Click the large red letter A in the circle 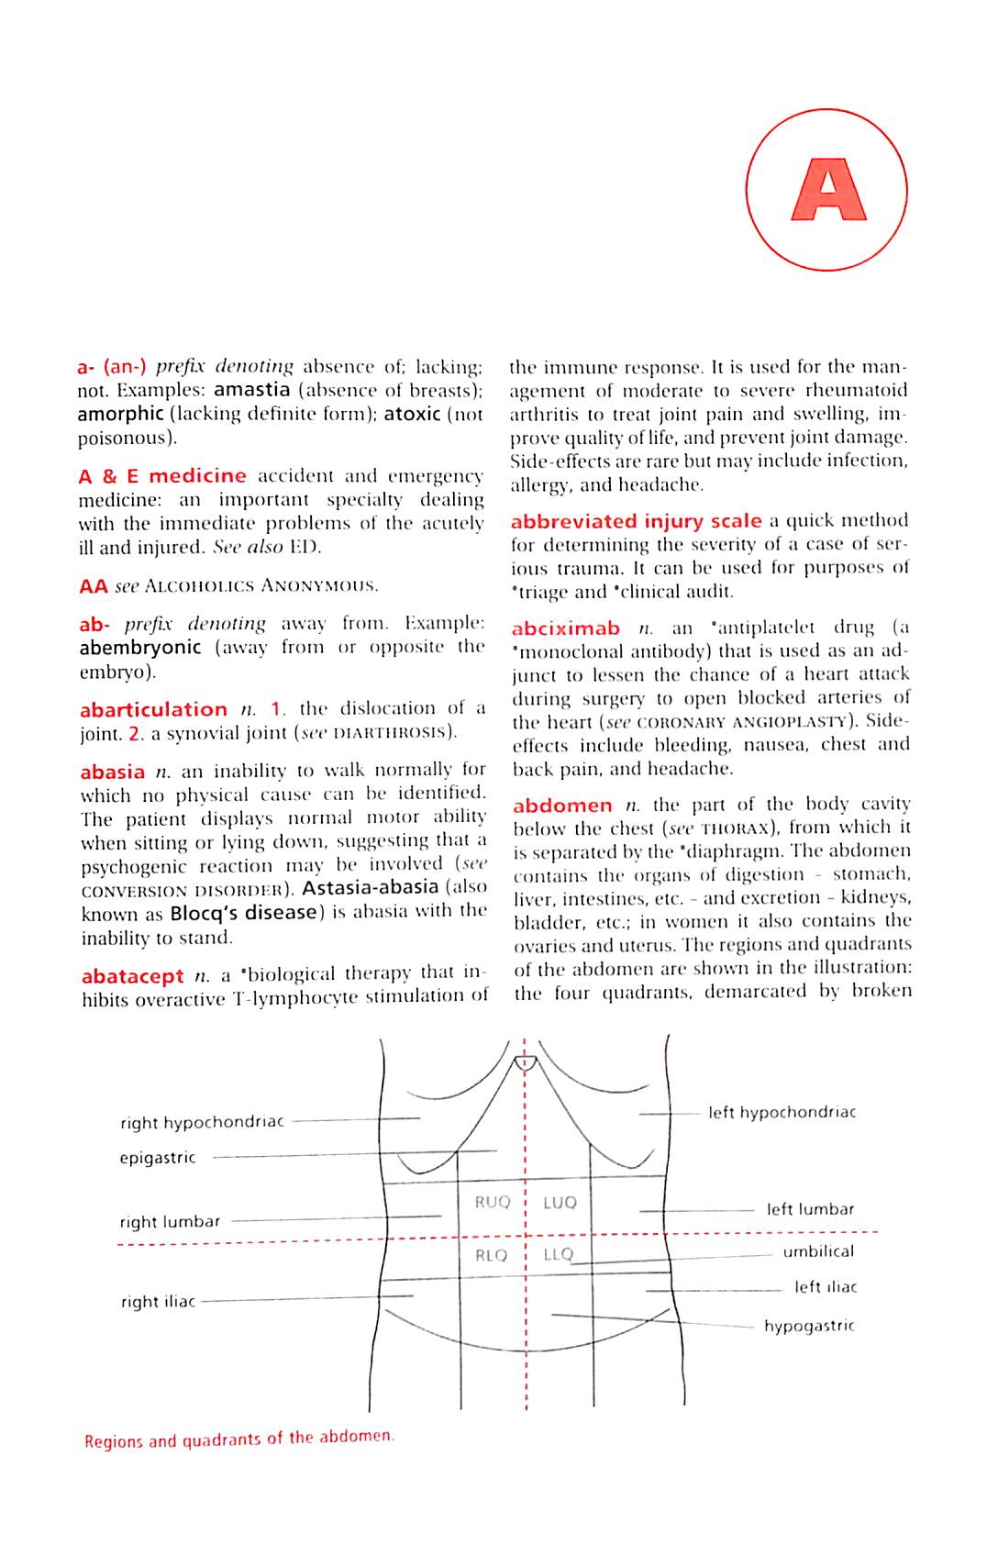click(x=827, y=190)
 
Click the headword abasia click(x=112, y=772)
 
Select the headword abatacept click(x=132, y=976)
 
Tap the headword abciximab click(x=565, y=629)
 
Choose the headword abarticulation click(x=153, y=710)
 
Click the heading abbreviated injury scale click(x=636, y=521)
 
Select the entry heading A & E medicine click(x=162, y=476)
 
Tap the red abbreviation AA click(x=93, y=586)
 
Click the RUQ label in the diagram click(x=492, y=1202)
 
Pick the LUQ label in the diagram click(x=560, y=1202)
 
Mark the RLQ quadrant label click(x=491, y=1255)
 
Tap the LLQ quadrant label click(x=558, y=1254)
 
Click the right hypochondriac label click(x=202, y=1122)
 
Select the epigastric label click(x=157, y=1158)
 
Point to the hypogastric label click(x=808, y=1326)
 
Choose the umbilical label click(x=817, y=1251)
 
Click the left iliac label click(x=825, y=1287)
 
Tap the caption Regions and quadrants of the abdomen click(x=238, y=1439)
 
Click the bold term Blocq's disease click(x=243, y=914)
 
